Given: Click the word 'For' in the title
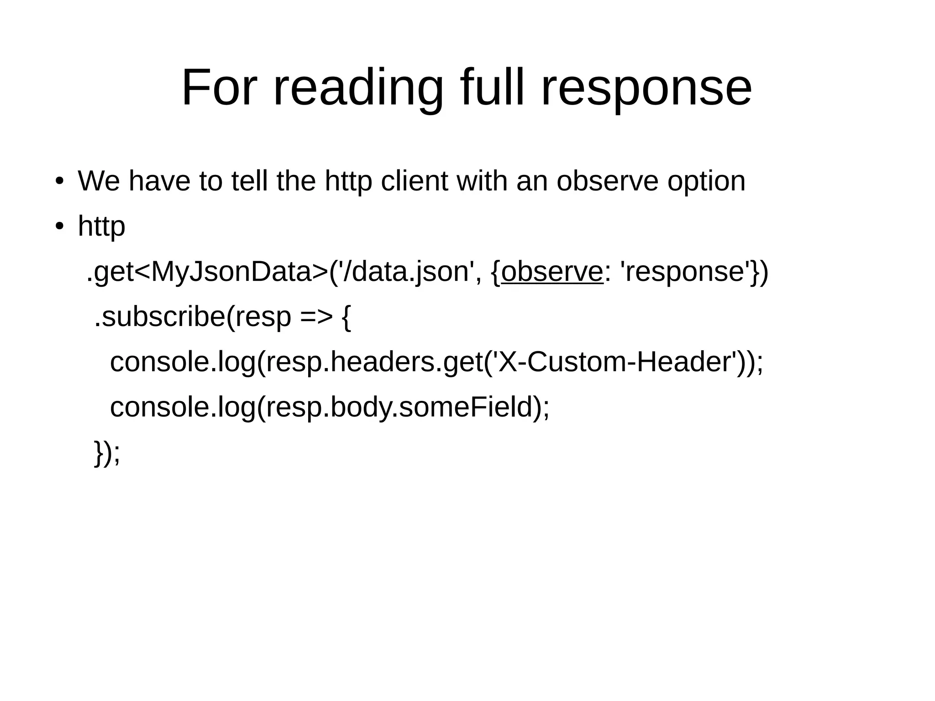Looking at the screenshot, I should coord(219,88).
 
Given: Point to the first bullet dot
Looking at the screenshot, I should coord(59,181).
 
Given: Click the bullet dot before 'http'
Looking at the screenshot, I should coord(59,227).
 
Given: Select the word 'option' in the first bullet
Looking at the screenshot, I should coord(706,182).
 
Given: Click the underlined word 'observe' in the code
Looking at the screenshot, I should coord(552,272).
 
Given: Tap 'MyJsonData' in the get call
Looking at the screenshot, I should coord(231,272).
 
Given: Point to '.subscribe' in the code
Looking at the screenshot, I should coord(160,316).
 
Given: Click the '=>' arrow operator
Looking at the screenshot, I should coord(316,316).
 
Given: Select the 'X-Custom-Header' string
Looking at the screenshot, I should coord(614,362).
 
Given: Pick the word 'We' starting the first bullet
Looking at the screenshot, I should coord(99,181).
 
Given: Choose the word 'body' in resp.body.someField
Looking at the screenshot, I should coord(360,408).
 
